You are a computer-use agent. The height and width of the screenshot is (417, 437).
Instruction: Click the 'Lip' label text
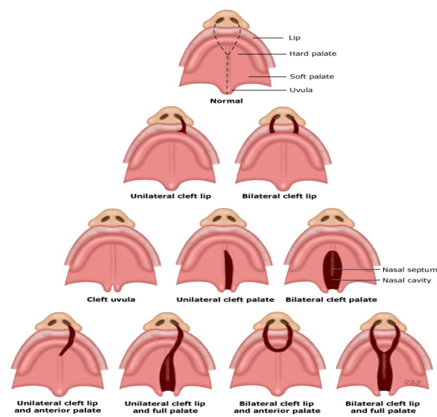(294, 38)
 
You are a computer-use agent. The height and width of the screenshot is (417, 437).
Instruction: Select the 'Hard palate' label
(313, 54)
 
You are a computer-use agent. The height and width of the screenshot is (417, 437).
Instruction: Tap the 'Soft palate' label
(312, 77)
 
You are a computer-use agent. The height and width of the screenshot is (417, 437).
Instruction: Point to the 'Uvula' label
(301, 90)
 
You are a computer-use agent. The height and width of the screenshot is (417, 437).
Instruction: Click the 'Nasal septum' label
(409, 270)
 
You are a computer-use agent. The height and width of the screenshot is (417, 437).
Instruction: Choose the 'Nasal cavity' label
(407, 280)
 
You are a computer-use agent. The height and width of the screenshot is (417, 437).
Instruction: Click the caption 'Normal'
(227, 101)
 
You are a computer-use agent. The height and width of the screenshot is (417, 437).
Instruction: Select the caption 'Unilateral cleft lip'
(171, 196)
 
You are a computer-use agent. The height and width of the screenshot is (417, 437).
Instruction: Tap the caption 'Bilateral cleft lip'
(279, 196)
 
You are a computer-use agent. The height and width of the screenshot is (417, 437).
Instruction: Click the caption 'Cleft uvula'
(111, 299)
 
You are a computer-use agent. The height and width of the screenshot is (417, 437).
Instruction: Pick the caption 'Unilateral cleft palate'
(225, 299)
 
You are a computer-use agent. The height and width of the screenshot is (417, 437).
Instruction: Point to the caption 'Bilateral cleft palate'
(331, 299)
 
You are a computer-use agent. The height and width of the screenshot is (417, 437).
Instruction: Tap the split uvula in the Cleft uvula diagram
(114, 287)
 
